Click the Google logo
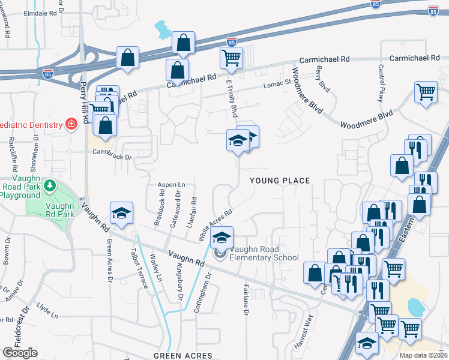[x=20, y=353]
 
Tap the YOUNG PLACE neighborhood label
[x=280, y=181]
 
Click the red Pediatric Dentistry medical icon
[x=71, y=125]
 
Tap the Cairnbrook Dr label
[x=112, y=153]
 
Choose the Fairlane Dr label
[x=246, y=300]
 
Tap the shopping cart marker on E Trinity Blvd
[x=231, y=59]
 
